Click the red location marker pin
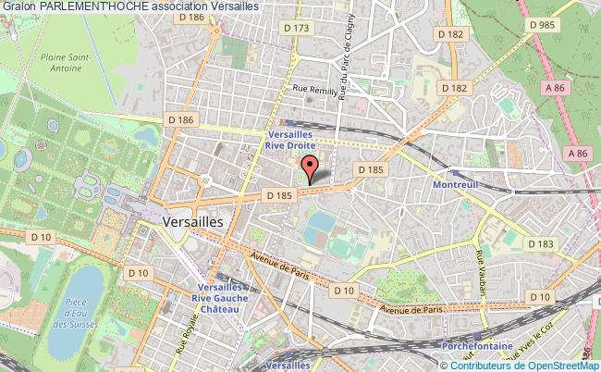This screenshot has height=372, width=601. [x=310, y=167]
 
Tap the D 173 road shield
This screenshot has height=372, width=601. [x=298, y=29]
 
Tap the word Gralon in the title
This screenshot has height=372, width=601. [x=18, y=6]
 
